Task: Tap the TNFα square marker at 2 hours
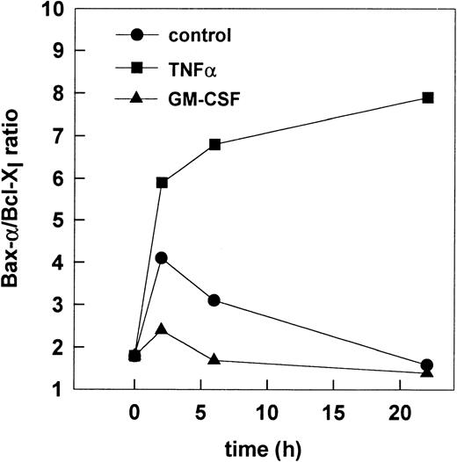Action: (161, 182)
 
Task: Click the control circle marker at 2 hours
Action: (161, 258)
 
